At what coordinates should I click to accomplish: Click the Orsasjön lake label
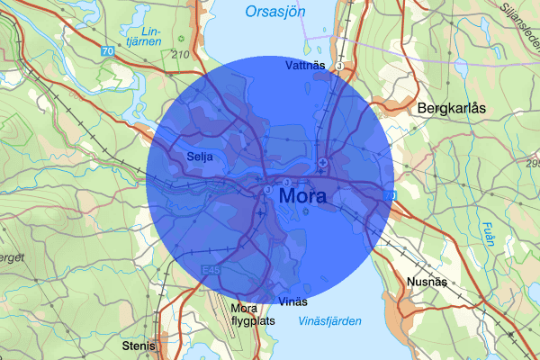tap(275, 12)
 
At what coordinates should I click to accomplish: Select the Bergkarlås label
tap(452, 107)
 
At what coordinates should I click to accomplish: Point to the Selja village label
tap(200, 156)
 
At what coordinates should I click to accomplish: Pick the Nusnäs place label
tap(427, 281)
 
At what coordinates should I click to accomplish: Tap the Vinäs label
tap(293, 301)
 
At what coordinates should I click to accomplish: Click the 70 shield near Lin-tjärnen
tap(108, 52)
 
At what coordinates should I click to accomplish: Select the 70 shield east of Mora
tap(390, 194)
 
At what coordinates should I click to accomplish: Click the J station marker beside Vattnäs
tap(339, 66)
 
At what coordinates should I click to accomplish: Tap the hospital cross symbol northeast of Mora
tap(322, 162)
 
